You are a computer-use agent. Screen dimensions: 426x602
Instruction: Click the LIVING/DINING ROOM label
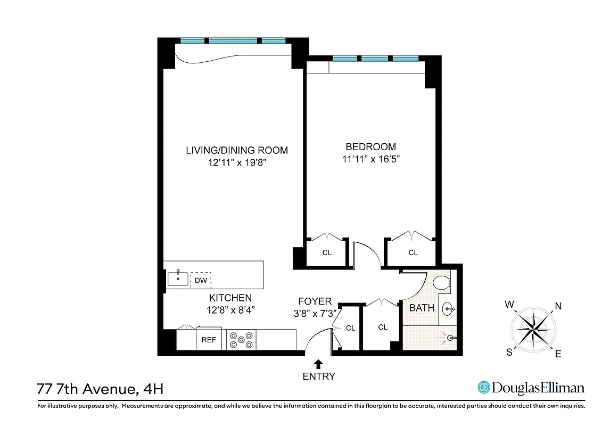point(236,150)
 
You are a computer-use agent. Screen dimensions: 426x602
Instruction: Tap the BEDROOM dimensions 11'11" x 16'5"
point(370,159)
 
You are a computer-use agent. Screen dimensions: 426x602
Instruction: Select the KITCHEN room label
point(230,298)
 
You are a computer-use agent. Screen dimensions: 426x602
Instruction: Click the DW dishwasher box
point(201,280)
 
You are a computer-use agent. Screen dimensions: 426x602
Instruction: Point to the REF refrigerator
point(209,340)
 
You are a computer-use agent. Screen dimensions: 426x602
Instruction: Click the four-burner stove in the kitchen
point(242,340)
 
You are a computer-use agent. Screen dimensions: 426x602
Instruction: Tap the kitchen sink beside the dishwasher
point(177,278)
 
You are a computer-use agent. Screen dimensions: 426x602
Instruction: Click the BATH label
point(422,308)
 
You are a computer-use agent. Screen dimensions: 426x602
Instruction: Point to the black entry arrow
point(318,364)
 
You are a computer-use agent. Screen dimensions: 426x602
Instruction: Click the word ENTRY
point(319,376)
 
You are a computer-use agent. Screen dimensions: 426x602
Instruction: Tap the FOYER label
point(315,301)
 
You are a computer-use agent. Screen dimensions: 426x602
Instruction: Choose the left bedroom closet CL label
point(327,253)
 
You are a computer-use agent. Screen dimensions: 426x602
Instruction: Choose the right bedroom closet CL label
point(413,253)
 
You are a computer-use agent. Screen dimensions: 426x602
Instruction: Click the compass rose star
point(533,329)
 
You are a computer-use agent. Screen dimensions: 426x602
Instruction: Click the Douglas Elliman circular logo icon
point(483,388)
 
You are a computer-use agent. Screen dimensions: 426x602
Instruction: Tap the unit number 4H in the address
point(152,389)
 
